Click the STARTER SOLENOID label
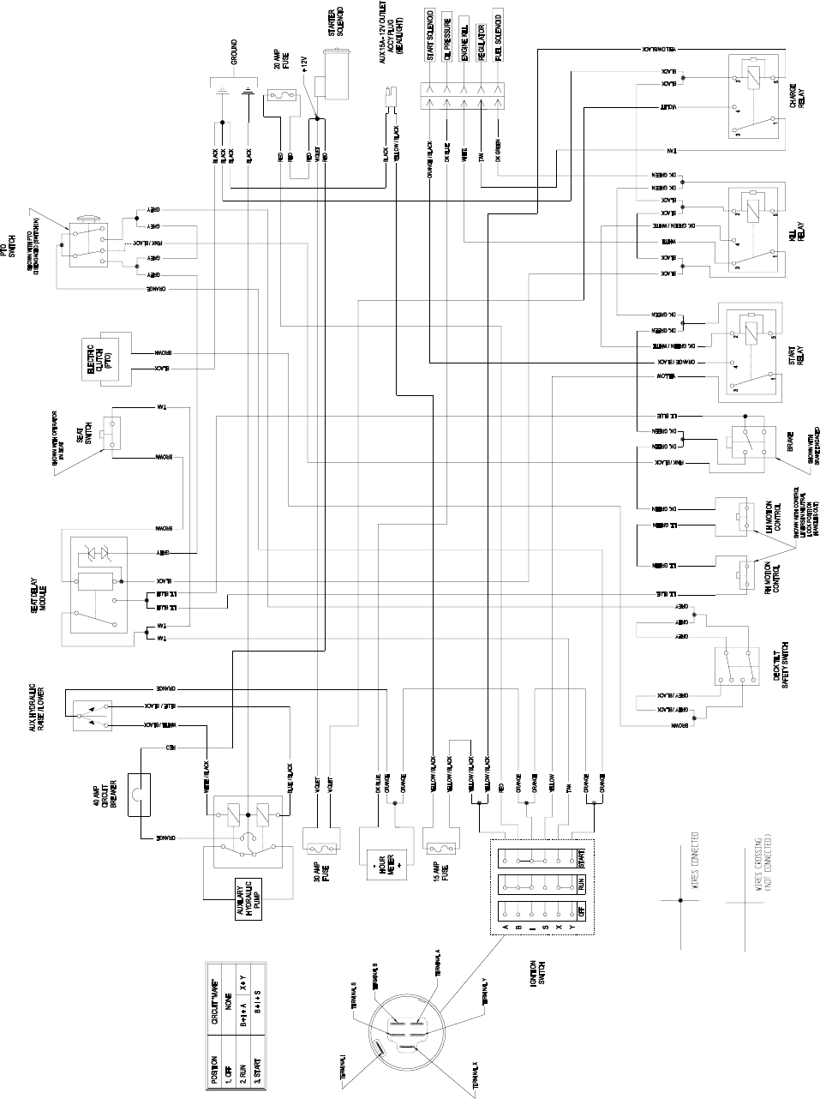pos(335,21)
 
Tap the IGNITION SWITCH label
pos(537,981)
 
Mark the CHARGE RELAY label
pos(795,99)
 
